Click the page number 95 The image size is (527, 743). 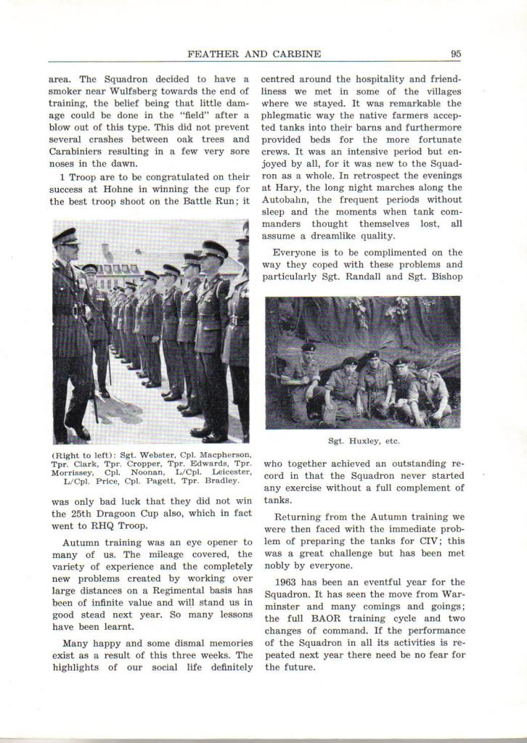pos(455,54)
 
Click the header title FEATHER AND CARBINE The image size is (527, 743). pos(254,54)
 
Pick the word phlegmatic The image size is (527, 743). pos(291,115)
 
